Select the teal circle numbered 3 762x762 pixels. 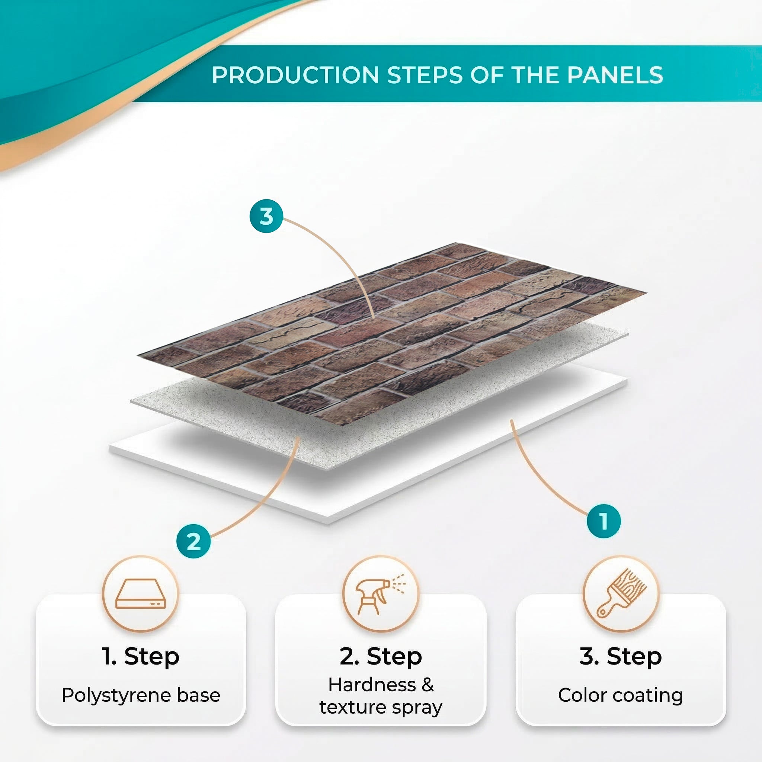pos(267,216)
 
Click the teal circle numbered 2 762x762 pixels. pos(193,541)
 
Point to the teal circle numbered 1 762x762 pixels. pos(604,521)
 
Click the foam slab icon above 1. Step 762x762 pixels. pos(140,593)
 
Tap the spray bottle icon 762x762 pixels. pos(380,593)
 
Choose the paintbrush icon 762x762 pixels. pos(621,593)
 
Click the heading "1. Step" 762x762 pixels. pos(140,657)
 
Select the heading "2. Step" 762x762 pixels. pos(381,657)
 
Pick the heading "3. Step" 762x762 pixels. pos(620,657)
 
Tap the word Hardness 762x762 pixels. pos(372,685)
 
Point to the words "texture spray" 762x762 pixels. pos(381,707)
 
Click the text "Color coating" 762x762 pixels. pos(620,695)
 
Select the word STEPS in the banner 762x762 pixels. pos(425,75)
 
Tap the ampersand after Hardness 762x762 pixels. pos(428,685)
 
